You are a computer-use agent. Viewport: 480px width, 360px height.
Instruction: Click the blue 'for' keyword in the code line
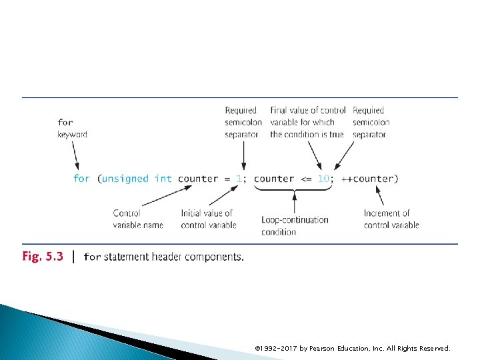coord(81,179)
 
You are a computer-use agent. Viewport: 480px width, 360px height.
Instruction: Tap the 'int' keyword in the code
coord(163,179)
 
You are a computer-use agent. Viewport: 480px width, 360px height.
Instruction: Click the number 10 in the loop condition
coord(323,179)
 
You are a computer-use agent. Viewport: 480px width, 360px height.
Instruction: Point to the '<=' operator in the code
coord(305,179)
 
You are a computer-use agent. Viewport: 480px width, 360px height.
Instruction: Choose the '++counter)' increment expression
coord(370,179)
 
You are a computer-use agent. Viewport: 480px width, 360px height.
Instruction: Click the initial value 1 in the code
coord(239,179)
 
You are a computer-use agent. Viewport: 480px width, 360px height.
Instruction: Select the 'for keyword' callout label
coord(72,128)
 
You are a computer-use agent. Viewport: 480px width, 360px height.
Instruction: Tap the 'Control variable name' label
coord(138,219)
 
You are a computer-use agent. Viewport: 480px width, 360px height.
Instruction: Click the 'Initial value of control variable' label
coord(208,219)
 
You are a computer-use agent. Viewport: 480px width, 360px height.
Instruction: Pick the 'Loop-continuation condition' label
coord(295,225)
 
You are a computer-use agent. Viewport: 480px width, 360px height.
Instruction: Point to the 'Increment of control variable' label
coord(391,219)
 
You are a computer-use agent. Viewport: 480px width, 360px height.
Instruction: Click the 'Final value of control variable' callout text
coord(307,122)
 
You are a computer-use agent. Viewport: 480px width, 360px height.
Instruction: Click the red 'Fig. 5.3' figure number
coord(43,257)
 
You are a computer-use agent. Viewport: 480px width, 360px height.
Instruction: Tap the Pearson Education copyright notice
coord(353,348)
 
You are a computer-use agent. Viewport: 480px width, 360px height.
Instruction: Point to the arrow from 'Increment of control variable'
coord(380,195)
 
